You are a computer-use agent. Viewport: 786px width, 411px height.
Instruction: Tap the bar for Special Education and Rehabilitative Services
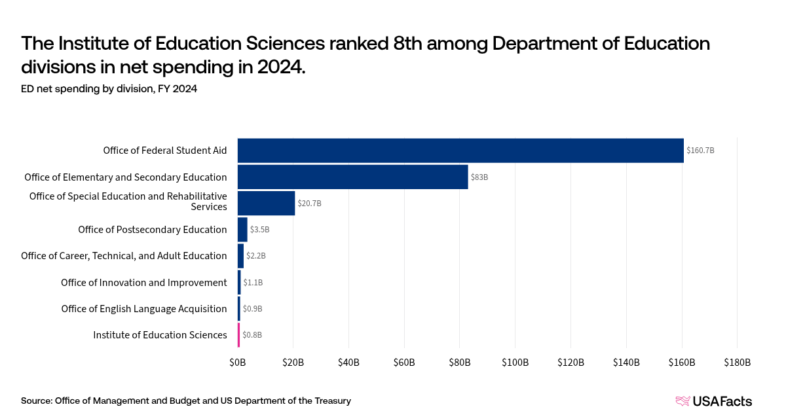pyautogui.click(x=266, y=203)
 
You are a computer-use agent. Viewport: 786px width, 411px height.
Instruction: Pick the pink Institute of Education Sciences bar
pyautogui.click(x=239, y=334)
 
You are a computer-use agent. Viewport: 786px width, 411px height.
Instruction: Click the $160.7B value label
pyautogui.click(x=700, y=151)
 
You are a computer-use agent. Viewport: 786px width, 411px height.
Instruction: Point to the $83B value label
pyautogui.click(x=479, y=177)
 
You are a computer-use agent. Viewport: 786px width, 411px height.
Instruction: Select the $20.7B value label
pyautogui.click(x=309, y=204)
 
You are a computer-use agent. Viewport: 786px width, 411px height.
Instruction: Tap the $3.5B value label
pyautogui.click(x=259, y=230)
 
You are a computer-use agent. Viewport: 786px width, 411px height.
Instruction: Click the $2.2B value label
pyautogui.click(x=256, y=256)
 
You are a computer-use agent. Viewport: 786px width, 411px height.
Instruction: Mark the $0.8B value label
pyautogui.click(x=252, y=334)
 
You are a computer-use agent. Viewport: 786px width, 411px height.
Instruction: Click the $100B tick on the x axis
pyautogui.click(x=515, y=363)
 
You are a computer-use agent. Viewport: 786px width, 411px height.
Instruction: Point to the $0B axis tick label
pyautogui.click(x=238, y=363)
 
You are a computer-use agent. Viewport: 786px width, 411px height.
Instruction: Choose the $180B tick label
pyautogui.click(x=738, y=363)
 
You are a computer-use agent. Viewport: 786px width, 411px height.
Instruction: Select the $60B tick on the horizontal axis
pyautogui.click(x=404, y=363)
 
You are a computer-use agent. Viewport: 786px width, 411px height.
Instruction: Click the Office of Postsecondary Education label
pyautogui.click(x=152, y=230)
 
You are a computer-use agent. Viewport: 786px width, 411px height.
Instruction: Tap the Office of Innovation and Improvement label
pyautogui.click(x=143, y=282)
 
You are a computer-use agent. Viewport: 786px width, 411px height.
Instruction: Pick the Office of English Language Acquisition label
pyautogui.click(x=143, y=308)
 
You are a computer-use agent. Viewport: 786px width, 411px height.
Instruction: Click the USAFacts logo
pyautogui.click(x=713, y=401)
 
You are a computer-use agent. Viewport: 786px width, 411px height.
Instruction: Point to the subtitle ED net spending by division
pyautogui.click(x=109, y=90)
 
